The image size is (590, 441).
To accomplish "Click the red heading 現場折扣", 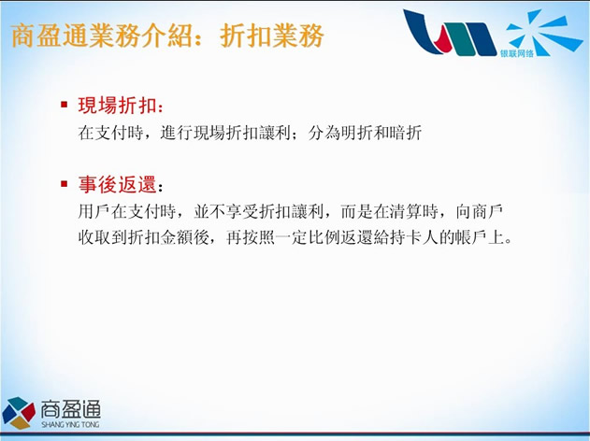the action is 117,106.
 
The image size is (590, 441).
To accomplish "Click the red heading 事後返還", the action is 117,185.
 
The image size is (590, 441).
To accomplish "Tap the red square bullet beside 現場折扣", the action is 64,104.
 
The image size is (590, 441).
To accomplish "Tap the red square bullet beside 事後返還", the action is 64,184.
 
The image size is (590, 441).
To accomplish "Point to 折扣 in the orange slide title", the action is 246,36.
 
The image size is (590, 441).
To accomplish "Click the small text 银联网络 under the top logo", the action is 517,53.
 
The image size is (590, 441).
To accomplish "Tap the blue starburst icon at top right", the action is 543,33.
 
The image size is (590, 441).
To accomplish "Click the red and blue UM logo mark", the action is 450,33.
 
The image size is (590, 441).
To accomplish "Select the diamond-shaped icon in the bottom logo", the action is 19,413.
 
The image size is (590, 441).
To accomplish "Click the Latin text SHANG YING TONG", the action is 70,424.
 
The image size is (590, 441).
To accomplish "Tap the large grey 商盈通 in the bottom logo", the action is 71,409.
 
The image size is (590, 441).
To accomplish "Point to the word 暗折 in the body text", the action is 405,133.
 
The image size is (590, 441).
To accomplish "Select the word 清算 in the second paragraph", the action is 406,212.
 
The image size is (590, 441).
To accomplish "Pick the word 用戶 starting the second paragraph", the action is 94,212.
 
